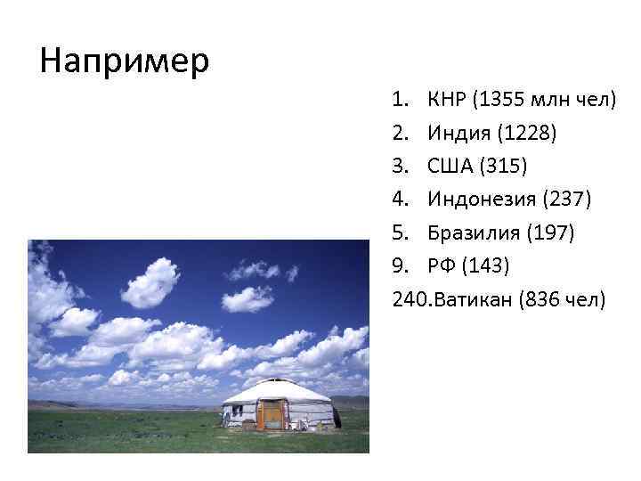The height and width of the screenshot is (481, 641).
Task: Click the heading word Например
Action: coord(125,61)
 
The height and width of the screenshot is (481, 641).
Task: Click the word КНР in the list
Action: coord(447,100)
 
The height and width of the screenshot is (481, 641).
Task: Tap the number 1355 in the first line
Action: coord(501,100)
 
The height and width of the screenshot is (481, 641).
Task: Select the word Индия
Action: coord(459,134)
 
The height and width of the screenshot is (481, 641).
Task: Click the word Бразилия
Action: coord(473,233)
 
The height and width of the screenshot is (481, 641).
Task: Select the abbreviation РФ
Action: coord(442,266)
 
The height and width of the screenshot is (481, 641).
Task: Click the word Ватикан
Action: coord(472,299)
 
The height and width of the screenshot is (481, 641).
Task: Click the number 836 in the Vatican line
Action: coord(551,299)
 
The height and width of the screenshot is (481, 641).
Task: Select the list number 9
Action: coord(397,266)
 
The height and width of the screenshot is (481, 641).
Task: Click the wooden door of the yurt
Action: coord(270,414)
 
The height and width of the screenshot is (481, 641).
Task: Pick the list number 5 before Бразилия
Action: coord(397,233)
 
